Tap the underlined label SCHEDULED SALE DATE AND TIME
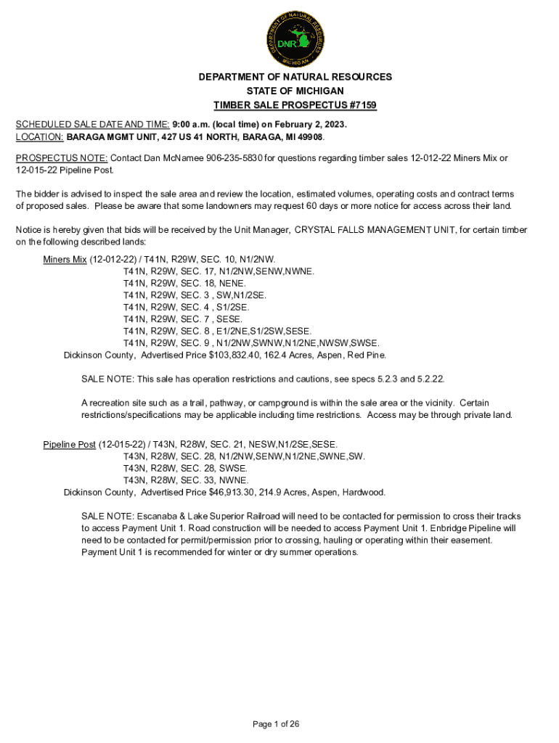(92, 125)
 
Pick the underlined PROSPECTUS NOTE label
(62, 158)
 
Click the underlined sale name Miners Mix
(65, 259)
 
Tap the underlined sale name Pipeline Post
(69, 444)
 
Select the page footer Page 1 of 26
(276, 724)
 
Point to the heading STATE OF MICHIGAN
(295, 91)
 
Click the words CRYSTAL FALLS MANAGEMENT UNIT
(376, 230)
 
